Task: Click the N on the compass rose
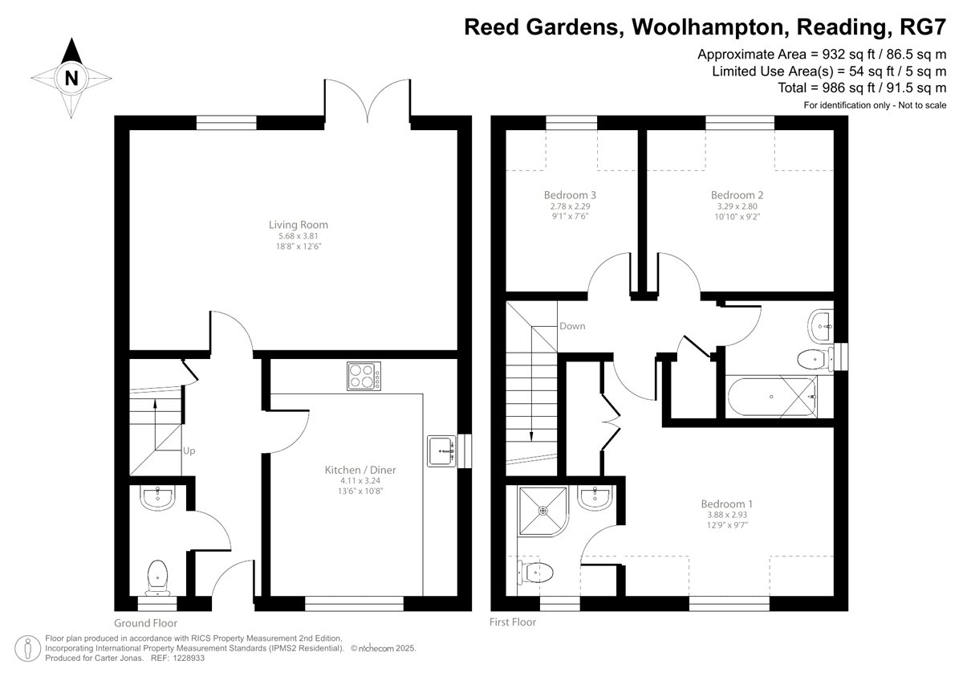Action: point(71,78)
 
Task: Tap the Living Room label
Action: point(299,225)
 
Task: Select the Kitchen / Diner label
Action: point(360,470)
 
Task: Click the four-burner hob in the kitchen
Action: point(364,376)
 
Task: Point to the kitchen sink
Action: point(441,451)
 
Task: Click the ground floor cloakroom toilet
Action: point(157,577)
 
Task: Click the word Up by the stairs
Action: point(189,451)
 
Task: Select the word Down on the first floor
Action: point(572,326)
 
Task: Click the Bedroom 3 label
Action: point(570,195)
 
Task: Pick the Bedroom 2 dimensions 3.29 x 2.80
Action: point(737,206)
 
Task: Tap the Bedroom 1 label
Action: point(726,504)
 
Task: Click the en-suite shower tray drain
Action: point(543,511)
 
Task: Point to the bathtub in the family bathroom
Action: point(772,396)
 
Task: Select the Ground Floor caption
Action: point(146,623)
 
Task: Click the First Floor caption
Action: point(513,622)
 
